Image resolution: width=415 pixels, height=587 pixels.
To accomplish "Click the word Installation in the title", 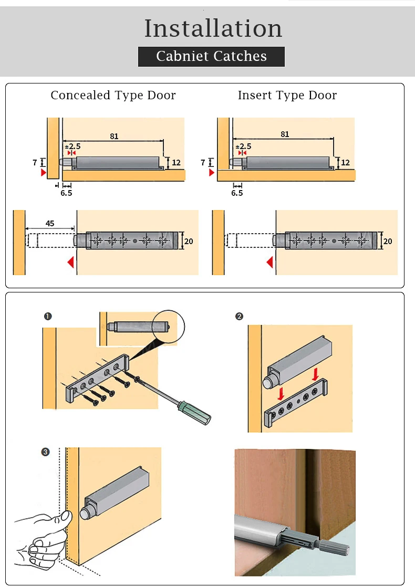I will click(x=213, y=28).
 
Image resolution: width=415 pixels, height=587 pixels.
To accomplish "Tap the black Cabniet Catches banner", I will click(x=211, y=56).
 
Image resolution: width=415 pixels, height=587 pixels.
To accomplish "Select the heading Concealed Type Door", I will click(x=113, y=95).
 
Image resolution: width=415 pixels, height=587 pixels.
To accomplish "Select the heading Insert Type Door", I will click(x=287, y=95).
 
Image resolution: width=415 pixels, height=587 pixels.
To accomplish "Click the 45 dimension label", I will click(x=50, y=223).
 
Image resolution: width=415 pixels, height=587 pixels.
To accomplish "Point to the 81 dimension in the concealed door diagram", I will click(x=114, y=136).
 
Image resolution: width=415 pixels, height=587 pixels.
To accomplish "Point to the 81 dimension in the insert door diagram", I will click(x=284, y=134).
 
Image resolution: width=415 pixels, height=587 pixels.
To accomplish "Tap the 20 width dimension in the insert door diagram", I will click(x=388, y=241).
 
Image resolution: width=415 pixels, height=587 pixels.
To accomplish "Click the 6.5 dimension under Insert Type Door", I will click(x=237, y=193).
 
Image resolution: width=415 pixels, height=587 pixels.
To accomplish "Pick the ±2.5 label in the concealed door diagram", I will click(x=72, y=146).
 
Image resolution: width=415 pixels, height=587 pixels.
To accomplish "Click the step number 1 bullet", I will click(x=48, y=316).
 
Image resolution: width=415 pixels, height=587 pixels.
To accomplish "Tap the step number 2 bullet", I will click(x=239, y=316).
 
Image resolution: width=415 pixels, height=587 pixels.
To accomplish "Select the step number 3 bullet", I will click(x=46, y=452).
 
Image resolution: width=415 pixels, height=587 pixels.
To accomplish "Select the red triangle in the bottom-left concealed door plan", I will click(x=70, y=262).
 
